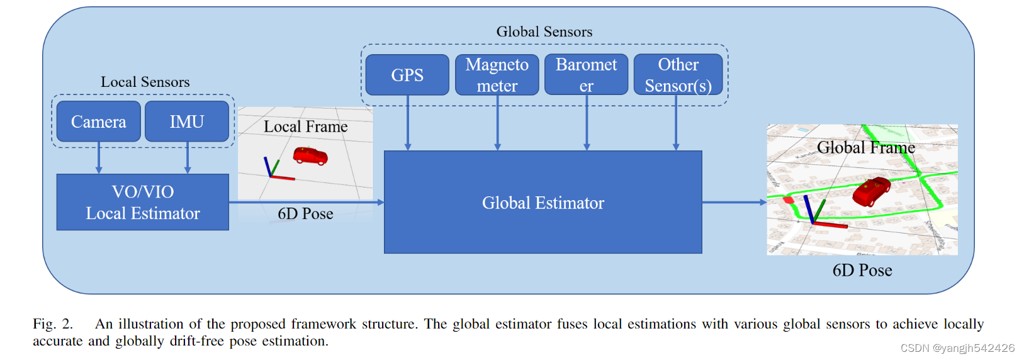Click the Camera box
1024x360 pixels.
tap(98, 121)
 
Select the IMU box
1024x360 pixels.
tap(187, 121)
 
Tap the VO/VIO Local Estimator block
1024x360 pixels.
tap(143, 202)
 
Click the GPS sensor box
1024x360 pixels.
tap(407, 75)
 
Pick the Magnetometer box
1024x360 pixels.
tap(497, 75)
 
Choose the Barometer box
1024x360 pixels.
tap(586, 75)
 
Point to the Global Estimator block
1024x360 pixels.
tap(543, 202)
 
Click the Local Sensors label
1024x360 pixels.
tap(145, 82)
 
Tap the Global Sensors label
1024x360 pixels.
tap(544, 31)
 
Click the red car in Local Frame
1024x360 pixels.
tap(310, 155)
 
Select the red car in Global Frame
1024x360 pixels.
tap(872, 190)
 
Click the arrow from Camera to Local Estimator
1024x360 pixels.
tap(99, 159)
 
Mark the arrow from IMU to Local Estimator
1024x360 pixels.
tap(188, 159)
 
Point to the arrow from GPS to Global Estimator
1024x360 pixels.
tap(408, 123)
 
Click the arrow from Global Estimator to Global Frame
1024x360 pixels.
tap(734, 202)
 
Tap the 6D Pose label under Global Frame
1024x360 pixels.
tap(862, 271)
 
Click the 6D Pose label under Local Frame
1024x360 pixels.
tap(305, 214)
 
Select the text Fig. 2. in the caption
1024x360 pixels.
tap(53, 324)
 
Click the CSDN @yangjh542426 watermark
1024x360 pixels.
tap(957, 348)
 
